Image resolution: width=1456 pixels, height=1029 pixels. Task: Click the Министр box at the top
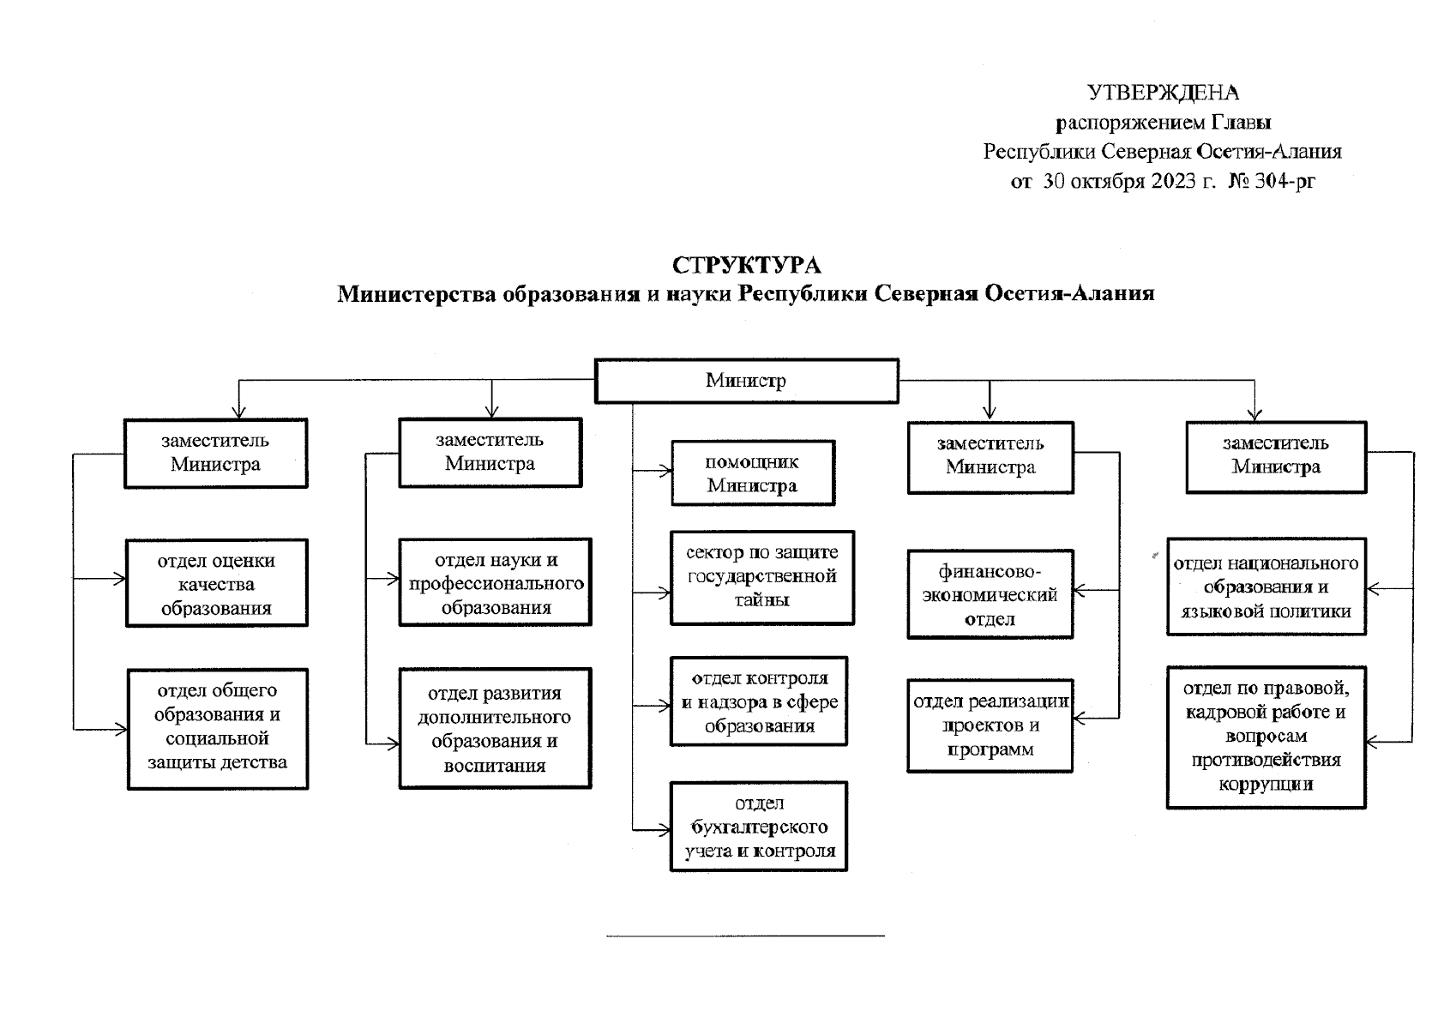coord(746,381)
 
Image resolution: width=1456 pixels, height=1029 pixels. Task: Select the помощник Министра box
coord(753,473)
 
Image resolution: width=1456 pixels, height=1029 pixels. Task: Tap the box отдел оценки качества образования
coord(216,583)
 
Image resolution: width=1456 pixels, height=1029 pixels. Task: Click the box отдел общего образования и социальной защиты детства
coord(217,730)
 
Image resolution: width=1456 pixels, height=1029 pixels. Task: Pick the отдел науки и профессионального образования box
coord(496,582)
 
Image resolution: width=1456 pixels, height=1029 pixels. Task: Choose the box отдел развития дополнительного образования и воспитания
coord(496,729)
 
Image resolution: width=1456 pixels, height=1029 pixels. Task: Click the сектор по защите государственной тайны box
coord(761,578)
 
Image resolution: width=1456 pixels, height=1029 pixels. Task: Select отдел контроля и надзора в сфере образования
coord(759,701)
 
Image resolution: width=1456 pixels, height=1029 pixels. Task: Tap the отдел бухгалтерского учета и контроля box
coord(759,827)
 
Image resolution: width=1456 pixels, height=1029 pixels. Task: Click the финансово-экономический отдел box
coord(990,595)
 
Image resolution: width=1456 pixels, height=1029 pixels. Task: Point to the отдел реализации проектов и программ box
coord(990,726)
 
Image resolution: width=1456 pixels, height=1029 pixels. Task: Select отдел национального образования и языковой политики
coord(1266,587)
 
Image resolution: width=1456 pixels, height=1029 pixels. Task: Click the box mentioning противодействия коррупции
coord(1266,737)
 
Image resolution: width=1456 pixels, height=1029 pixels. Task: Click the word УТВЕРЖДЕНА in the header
coord(1163,93)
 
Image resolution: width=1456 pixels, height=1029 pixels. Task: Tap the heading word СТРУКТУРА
coord(746,265)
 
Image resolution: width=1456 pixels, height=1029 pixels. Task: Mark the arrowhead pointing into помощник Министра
coord(665,470)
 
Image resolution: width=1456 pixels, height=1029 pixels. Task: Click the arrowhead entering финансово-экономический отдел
coord(1079,590)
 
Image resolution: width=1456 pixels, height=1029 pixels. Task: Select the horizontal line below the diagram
coord(745,936)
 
